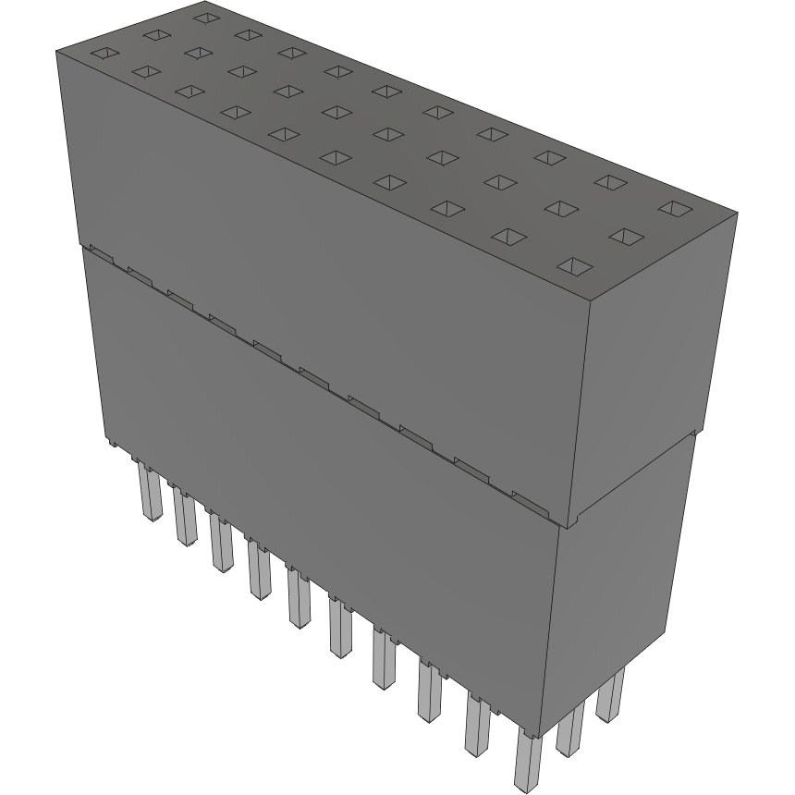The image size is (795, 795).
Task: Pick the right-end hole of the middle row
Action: tap(627, 238)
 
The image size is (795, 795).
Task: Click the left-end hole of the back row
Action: tap(205, 18)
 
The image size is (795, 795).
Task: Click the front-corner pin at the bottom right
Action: tap(527, 760)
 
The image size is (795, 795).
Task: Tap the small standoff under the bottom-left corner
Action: tap(110, 445)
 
